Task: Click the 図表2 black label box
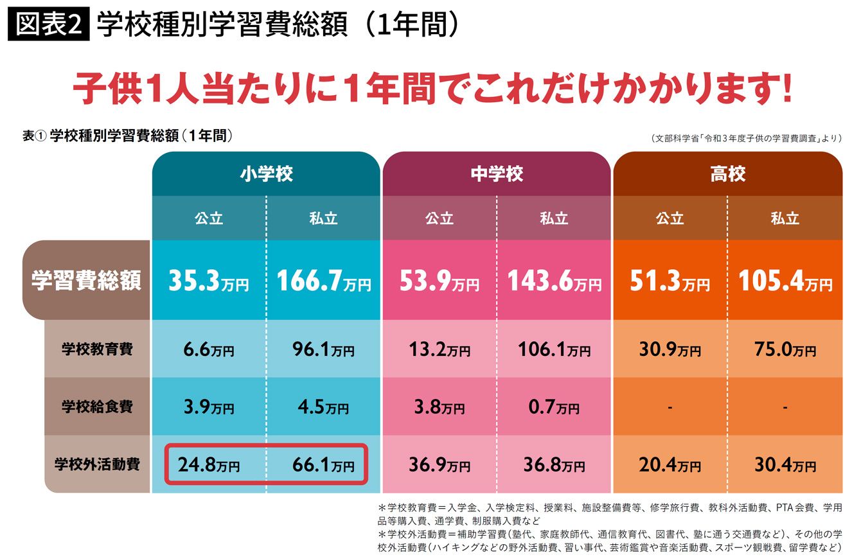48,24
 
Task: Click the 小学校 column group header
267,173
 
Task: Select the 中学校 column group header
497,173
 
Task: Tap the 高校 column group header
727,173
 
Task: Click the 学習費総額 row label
86,280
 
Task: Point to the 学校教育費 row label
97,349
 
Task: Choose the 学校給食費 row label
97,406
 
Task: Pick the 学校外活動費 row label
97,464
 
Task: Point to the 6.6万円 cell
209,349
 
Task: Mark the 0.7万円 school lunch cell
554,407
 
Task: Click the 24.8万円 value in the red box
209,464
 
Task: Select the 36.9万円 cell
439,464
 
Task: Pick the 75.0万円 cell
785,349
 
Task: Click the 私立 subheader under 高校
785,218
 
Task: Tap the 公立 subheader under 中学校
439,218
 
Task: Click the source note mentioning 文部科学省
747,138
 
